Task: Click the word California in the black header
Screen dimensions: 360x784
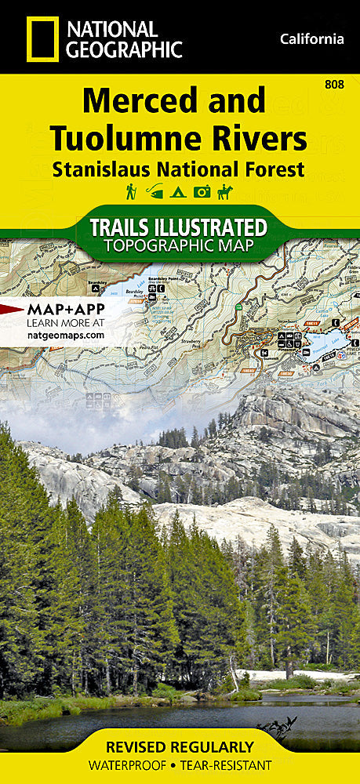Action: (x=311, y=38)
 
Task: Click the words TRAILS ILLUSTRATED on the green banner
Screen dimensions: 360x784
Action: (x=179, y=227)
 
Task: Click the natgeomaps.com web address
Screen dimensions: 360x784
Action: (x=65, y=335)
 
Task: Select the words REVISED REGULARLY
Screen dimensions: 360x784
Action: (x=180, y=746)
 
